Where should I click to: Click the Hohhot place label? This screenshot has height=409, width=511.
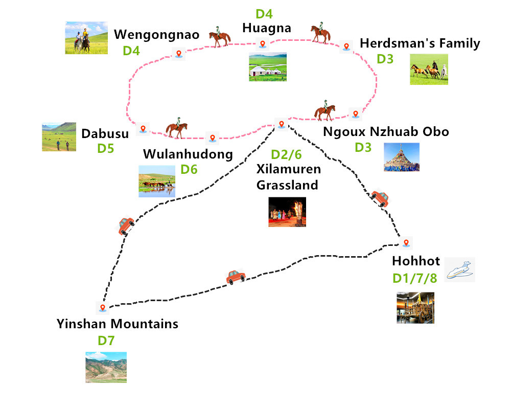[x=416, y=261]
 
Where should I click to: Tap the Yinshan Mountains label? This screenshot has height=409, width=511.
[x=118, y=324]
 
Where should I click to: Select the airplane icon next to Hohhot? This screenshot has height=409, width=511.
[x=460, y=269]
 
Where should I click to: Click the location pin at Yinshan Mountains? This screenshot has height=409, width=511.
[x=103, y=308]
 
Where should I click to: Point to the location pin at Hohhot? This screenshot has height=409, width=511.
[x=406, y=242]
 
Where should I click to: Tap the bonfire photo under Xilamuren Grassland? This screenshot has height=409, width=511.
[x=287, y=212]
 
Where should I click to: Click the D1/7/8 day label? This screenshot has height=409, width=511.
[x=415, y=278]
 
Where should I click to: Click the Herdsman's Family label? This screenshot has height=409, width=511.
[x=420, y=43]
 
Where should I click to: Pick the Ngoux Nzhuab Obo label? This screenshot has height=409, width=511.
[x=386, y=131]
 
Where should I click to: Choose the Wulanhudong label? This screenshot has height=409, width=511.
[x=188, y=154]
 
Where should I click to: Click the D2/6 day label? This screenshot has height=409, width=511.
[x=286, y=154]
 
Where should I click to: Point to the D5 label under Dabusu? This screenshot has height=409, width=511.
[x=106, y=149]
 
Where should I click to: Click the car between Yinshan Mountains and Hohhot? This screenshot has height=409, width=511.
[x=236, y=277]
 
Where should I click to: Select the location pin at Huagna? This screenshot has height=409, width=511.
[x=263, y=44]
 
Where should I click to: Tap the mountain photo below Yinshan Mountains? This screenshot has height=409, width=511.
[x=106, y=367]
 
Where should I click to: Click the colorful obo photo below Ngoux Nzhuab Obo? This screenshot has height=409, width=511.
[x=402, y=157]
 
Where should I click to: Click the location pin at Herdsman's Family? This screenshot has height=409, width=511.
[x=346, y=46]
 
